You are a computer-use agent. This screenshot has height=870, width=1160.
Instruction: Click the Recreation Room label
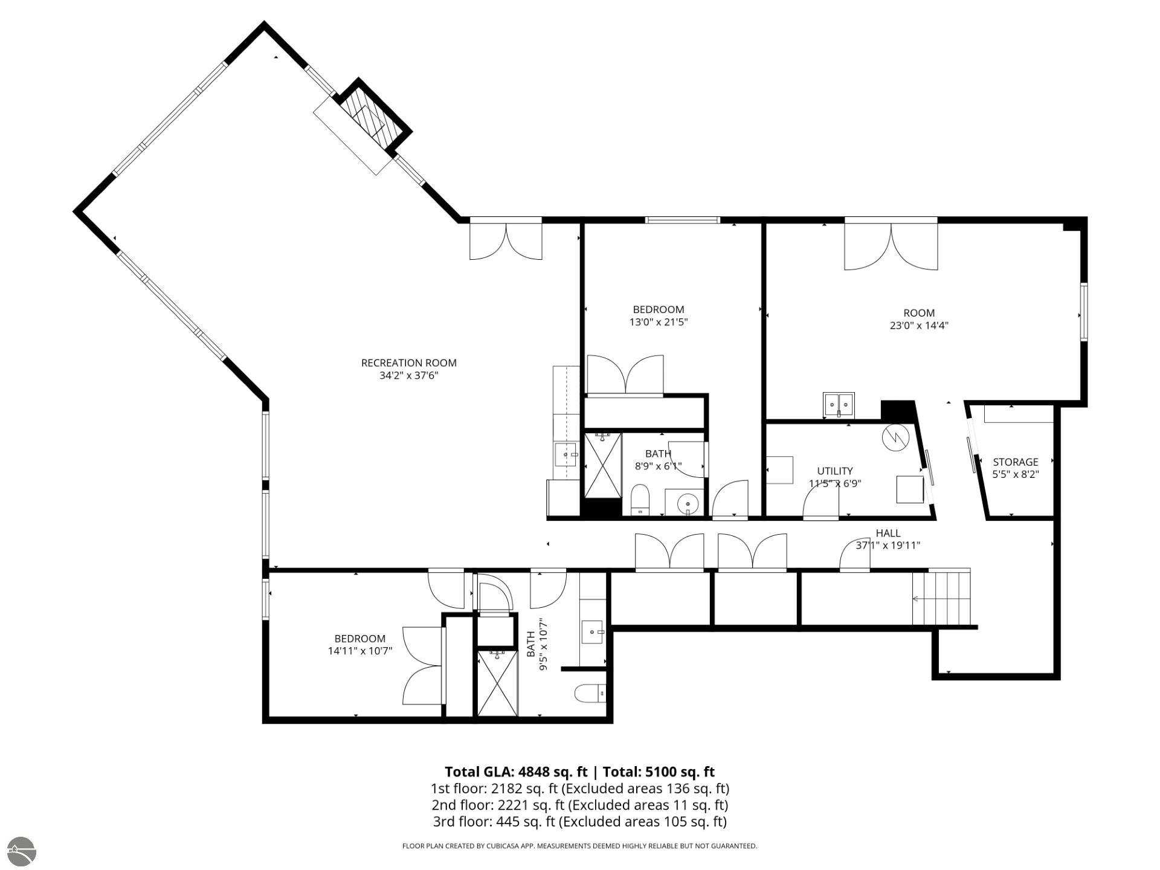pos(408,363)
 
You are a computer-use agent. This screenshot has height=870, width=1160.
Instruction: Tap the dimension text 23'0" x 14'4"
pos(919,326)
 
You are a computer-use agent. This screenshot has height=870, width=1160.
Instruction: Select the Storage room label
pos(1015,462)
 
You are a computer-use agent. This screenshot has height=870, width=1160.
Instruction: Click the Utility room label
pos(835,471)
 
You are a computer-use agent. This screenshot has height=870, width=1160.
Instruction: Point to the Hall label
pos(888,533)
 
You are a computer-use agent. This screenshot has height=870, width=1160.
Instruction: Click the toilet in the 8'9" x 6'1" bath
pos(639,500)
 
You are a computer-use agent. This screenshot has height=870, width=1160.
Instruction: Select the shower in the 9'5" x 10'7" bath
pos(498,683)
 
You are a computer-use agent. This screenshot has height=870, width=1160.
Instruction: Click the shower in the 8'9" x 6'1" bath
pos(602,465)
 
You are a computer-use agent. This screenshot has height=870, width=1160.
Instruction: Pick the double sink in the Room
pos(839,404)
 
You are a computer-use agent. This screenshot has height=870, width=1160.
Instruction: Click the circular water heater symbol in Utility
pos(895,437)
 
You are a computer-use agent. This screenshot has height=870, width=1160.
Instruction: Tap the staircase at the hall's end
pos(941,597)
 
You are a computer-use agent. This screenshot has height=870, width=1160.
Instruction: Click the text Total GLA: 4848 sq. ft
pos(516,772)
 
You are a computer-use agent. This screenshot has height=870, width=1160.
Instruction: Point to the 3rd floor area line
pos(579,822)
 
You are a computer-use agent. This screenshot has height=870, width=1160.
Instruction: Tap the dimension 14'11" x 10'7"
pos(360,651)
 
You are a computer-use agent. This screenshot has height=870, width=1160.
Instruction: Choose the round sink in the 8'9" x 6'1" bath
pos(686,503)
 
